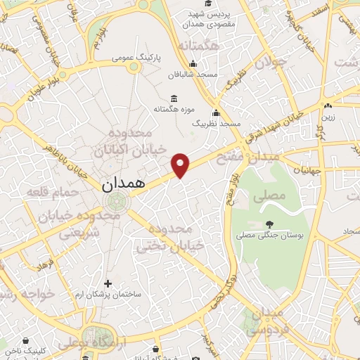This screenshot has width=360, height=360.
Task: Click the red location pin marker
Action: (181, 165)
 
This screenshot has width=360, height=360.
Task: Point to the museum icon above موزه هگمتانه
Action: (174, 98)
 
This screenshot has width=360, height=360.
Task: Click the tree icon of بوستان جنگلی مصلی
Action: (269, 225)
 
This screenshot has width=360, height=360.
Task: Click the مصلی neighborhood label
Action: (273, 193)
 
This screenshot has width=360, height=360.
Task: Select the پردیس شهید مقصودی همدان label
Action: (205, 19)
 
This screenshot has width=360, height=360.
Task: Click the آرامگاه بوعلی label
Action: (86, 342)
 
